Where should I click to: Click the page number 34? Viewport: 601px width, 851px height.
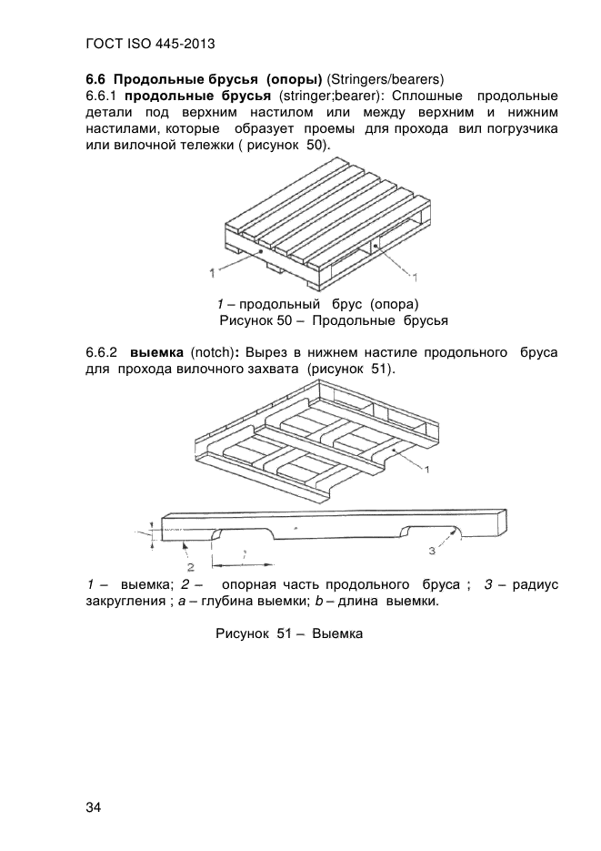[x=94, y=807]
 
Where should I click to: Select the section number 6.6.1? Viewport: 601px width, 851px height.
[x=102, y=95]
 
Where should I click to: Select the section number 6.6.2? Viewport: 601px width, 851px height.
[x=103, y=351]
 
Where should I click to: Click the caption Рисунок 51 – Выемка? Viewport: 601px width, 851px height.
[x=288, y=633]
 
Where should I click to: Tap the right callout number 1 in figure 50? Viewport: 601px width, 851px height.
[x=415, y=275]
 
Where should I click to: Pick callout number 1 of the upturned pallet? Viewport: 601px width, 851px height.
[x=427, y=467]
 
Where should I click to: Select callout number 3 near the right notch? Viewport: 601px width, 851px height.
[x=432, y=551]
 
